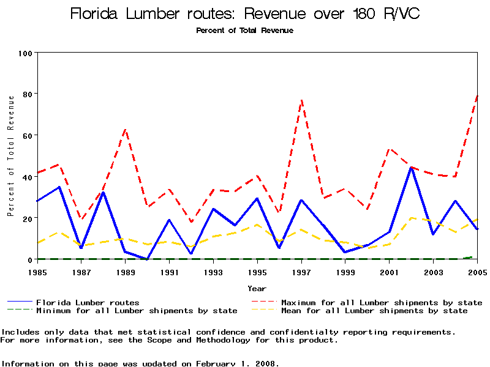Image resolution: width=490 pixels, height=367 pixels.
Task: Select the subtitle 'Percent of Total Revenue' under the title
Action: point(245,31)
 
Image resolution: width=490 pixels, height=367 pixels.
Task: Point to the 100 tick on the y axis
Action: point(26,53)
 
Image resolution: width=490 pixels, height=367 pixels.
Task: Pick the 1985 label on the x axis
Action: point(37,272)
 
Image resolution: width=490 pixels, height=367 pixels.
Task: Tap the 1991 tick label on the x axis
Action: point(170,272)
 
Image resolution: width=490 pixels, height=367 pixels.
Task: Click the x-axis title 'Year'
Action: point(257,288)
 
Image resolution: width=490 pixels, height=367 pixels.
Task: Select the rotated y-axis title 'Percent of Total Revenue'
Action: point(10,156)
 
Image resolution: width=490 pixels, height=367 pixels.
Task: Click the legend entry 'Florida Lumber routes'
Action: point(88,303)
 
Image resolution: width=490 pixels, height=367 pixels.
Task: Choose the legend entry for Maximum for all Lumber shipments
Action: point(382,303)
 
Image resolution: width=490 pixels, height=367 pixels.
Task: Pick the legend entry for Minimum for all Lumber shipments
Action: point(137,311)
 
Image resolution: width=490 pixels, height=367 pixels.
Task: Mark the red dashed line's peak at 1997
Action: point(302,100)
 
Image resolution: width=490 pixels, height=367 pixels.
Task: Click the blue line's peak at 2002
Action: point(412,167)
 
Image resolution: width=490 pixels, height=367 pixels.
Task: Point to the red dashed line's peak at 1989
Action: point(126,130)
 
